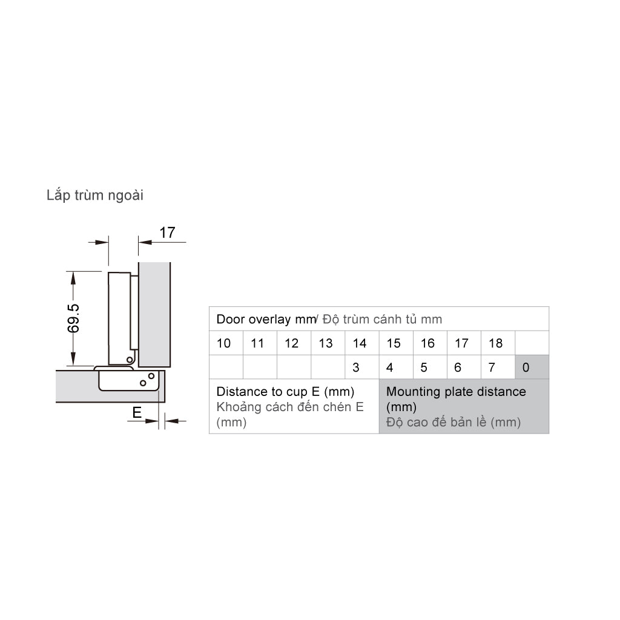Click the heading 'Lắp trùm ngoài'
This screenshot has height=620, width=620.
coord(95,196)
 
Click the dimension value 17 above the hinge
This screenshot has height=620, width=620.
coord(167,232)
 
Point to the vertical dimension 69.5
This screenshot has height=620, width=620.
coord(73,318)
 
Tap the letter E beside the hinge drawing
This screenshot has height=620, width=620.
coord(137,412)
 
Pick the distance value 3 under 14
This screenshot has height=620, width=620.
coord(356,368)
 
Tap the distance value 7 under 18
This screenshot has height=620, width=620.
coord(492,368)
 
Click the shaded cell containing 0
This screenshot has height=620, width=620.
coord(532,367)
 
